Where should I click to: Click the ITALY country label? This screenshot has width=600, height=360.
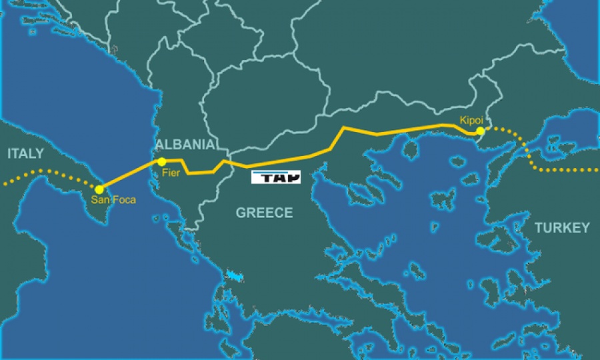point(25,154)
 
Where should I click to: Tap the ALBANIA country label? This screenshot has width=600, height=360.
point(185,145)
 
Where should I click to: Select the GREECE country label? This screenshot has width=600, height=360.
point(264,213)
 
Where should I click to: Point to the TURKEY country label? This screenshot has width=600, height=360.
point(561,228)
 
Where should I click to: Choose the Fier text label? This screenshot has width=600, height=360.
point(171,173)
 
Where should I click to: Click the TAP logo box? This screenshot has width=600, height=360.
point(276,177)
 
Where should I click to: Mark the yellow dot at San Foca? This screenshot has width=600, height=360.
point(99,189)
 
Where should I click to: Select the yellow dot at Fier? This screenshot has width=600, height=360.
point(161,162)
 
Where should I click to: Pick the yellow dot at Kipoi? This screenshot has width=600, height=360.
point(480,131)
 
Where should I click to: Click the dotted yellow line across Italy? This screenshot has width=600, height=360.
point(47,173)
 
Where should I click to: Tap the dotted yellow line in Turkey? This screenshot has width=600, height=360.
point(560,170)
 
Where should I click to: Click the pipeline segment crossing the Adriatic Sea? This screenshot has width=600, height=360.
point(130,175)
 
